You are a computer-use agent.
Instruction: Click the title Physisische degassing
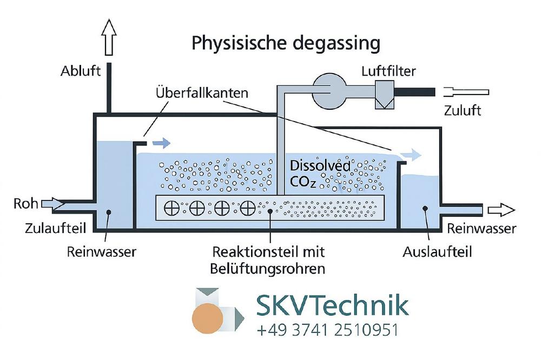pos(286,43)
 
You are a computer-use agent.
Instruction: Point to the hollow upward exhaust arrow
pos(109,37)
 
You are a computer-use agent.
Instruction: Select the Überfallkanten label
pos(202,93)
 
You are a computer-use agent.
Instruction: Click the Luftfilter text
pos(390,71)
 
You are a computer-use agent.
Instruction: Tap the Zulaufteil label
pos(49,229)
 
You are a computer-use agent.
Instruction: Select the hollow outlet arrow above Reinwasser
pos(500,210)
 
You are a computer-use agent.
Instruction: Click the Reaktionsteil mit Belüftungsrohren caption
pos(269,260)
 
